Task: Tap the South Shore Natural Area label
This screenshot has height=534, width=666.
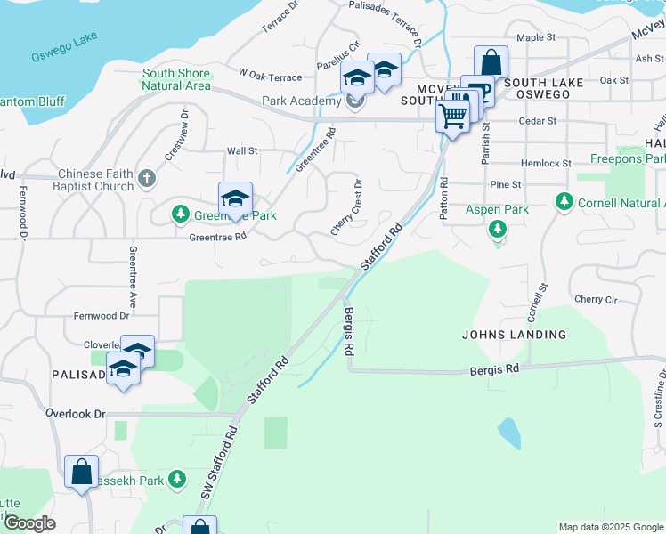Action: [176, 80]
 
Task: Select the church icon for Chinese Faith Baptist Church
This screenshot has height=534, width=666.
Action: [147, 181]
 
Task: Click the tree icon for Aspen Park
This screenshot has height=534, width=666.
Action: [498, 230]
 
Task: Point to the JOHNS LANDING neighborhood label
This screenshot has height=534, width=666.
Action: [514, 335]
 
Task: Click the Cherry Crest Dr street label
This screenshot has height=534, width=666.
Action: [347, 208]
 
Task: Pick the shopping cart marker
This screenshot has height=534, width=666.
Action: [453, 116]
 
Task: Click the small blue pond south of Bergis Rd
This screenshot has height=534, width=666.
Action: [508, 433]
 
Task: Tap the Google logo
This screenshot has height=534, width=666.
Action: [29, 524]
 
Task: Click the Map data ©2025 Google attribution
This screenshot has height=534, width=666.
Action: [610, 527]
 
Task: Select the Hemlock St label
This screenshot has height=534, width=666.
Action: [547, 164]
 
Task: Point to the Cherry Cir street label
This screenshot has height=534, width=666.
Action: [595, 299]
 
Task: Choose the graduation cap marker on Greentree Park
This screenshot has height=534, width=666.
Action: [235, 198]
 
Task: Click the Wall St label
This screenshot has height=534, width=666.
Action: [241, 151]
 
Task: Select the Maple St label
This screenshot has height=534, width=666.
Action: [536, 38]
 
